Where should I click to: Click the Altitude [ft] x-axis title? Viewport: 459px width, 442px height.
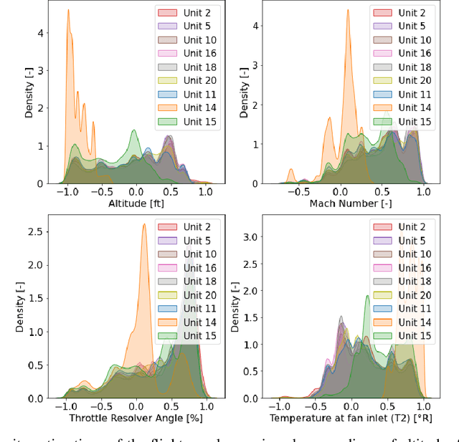pos(135,203)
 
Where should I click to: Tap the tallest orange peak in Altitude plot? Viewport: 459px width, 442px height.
pos(68,10)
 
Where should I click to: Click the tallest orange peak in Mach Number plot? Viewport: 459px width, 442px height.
pos(347,10)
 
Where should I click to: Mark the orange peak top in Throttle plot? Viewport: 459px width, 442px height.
pos(144,224)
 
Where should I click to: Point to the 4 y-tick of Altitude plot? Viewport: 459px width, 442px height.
pos(41,33)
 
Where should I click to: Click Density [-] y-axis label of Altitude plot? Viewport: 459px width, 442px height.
pos(29,96)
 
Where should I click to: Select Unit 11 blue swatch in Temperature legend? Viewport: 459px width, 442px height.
pos(381,309)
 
